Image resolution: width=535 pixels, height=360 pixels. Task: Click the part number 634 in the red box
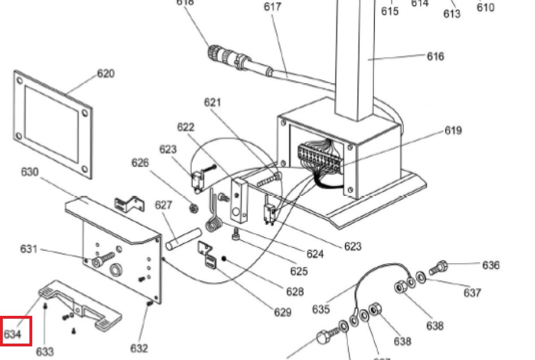coord(13,334)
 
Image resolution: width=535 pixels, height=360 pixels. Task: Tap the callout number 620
coord(105,74)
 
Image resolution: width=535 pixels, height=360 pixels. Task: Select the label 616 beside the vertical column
coord(435,56)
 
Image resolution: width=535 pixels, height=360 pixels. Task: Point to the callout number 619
coord(452,130)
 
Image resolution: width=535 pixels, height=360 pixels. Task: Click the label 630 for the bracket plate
coord(29,172)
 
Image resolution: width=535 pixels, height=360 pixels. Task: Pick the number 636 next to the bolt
coord(491,265)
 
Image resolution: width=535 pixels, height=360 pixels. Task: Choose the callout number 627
coord(163,204)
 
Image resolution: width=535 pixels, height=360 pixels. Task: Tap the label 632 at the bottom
coord(139,348)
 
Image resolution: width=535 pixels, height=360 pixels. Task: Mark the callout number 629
coord(282,312)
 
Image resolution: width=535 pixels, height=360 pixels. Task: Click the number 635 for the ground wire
coord(321,309)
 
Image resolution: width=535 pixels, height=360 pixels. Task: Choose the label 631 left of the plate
coord(29,249)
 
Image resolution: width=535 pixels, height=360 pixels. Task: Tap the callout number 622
coord(185,127)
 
